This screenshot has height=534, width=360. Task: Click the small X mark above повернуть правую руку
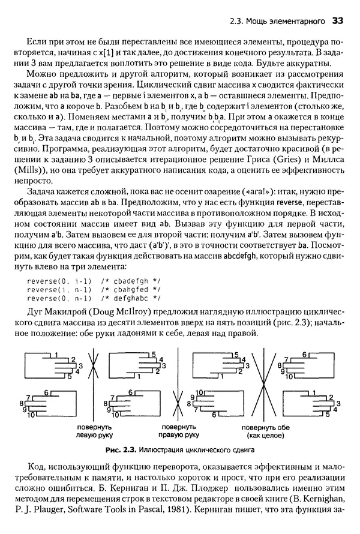click(176, 401)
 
